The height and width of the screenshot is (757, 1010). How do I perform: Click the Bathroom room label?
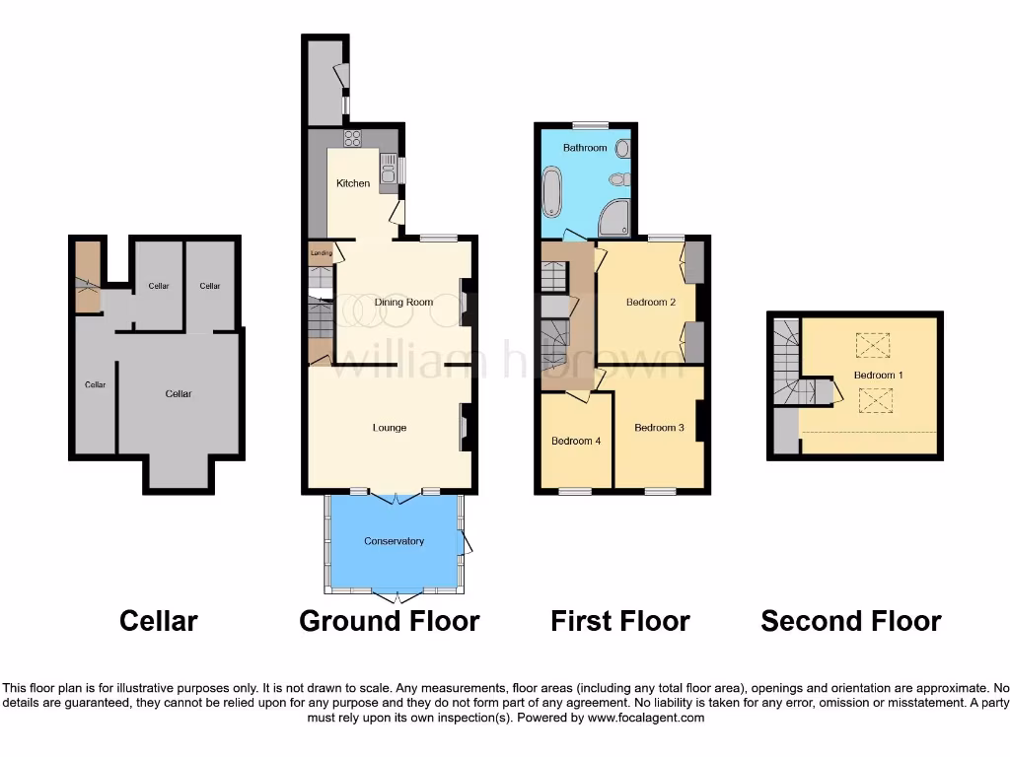pos(585,148)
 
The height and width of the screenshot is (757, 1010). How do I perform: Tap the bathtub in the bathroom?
pos(551,192)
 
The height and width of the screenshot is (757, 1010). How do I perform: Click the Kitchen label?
pos(353,183)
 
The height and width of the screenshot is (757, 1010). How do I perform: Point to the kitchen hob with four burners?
pos(353,138)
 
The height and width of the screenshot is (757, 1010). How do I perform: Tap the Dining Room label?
pos(403,303)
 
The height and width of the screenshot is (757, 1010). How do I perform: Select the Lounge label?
pos(390,428)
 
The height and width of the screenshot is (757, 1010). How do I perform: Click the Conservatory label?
pos(394,541)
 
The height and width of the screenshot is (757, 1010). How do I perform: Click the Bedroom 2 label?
pos(651,303)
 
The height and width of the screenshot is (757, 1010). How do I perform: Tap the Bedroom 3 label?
pos(659,428)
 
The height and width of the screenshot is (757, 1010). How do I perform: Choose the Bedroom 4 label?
pos(576,441)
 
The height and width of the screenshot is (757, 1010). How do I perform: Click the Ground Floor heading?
pos(389,621)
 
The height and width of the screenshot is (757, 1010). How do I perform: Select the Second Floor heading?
pos(850,621)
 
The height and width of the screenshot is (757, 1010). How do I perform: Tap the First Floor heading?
pos(619,621)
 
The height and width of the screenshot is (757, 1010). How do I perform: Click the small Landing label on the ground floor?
pos(322,253)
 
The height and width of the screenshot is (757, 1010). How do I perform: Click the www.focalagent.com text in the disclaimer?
pos(645,719)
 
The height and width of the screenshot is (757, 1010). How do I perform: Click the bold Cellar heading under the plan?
pos(158,621)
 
